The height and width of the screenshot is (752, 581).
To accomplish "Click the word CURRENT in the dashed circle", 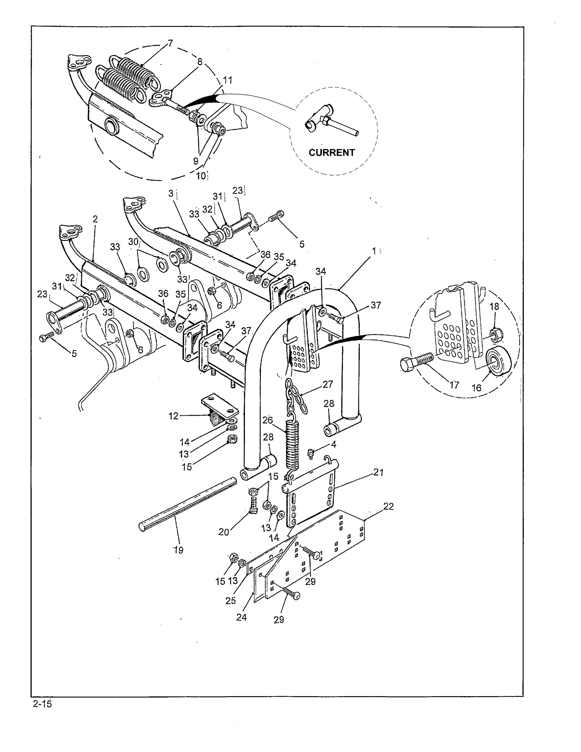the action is coord(331,152).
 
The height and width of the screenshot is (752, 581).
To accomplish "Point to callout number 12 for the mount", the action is coord(173,416).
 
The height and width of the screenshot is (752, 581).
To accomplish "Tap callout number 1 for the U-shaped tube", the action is coord(374,251).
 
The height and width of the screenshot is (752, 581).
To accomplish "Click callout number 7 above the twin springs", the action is coord(170,43).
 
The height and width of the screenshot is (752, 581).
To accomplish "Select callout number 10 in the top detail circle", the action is coord(201,176).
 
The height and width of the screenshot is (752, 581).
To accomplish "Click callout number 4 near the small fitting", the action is coord(333,444).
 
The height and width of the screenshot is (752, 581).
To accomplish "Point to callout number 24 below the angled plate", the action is coord(241,617).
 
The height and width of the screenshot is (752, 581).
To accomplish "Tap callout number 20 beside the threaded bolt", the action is coord(224,532).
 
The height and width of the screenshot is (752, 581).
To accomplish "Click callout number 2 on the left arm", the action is coord(95,219).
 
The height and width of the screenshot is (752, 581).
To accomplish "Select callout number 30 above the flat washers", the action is coord(133,242).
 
